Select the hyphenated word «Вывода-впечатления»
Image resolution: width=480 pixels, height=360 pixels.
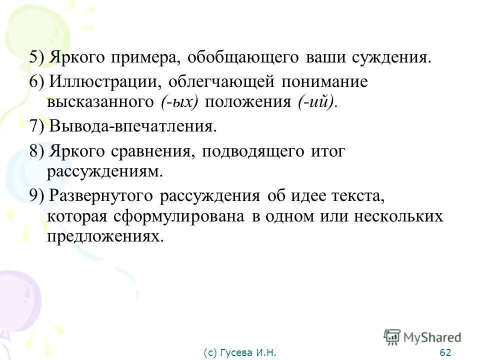point(133,126)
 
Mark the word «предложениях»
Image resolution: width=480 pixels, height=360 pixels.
point(105,236)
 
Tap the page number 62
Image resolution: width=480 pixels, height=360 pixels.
point(445,353)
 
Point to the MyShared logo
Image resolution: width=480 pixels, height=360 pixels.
point(422,337)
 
